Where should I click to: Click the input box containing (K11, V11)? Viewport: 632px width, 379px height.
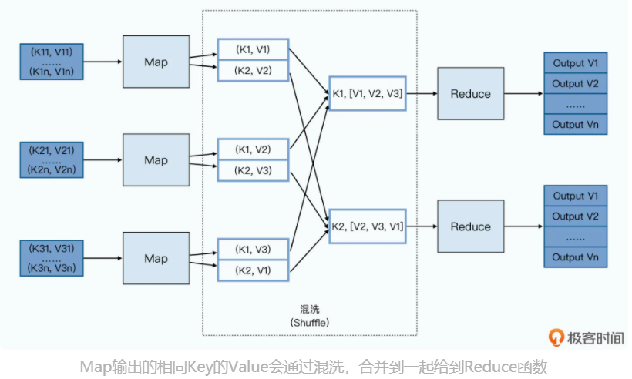52,61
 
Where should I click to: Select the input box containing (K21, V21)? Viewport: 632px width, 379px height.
52,160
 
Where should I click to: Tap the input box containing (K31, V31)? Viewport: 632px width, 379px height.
52,258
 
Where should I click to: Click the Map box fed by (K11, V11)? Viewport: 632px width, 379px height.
156,61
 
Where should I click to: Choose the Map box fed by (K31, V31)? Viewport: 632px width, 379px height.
156,258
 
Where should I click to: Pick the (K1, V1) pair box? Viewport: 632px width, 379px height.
253,50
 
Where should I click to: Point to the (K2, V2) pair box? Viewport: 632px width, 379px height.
253,71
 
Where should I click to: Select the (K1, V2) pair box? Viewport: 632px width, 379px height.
253,149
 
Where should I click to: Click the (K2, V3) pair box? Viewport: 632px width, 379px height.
253,170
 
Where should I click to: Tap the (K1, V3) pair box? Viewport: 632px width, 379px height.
253,249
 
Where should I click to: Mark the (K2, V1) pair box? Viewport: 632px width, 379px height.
253,270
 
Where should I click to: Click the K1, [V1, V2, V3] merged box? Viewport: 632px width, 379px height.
367,93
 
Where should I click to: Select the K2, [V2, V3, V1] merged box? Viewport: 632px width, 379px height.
367,226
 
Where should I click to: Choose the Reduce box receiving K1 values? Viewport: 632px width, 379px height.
470,93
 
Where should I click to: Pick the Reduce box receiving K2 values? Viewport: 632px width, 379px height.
470,226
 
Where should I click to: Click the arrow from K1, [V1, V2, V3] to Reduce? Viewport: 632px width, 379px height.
421,93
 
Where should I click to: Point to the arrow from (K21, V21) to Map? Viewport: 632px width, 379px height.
104,160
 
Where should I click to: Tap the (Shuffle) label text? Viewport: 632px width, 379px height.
310,322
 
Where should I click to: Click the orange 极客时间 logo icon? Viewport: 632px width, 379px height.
555,337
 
